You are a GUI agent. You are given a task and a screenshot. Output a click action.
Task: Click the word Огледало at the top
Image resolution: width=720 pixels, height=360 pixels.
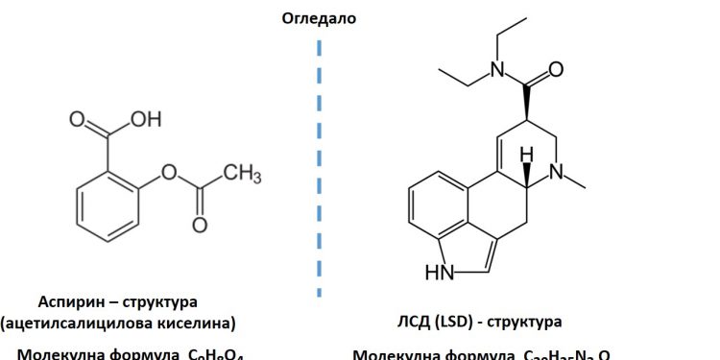point(318,17)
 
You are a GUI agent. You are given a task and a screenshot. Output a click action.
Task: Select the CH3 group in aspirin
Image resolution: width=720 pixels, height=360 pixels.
point(243,174)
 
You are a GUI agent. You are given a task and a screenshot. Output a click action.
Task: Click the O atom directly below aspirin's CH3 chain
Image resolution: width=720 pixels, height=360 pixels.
point(200,226)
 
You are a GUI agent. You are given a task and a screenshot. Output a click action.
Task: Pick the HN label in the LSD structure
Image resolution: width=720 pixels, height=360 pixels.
point(439,272)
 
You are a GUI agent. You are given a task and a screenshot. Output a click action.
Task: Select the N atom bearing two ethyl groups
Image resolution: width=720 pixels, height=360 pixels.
point(495,68)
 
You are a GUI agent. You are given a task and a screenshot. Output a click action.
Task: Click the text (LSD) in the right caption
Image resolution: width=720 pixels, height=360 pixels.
point(459,322)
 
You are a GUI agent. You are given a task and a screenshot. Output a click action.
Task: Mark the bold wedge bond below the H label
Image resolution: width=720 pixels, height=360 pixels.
point(526,172)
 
